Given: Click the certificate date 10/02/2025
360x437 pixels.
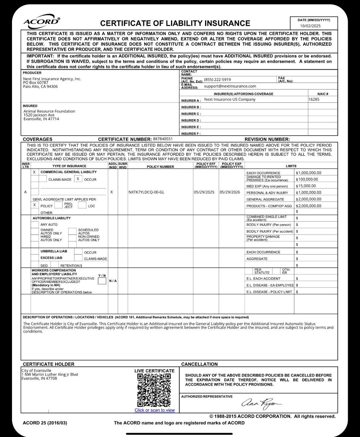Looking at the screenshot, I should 310,26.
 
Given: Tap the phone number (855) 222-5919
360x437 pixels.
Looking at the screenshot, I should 217,79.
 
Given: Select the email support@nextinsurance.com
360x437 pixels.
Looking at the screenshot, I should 230,86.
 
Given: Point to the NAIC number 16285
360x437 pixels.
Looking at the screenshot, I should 314,99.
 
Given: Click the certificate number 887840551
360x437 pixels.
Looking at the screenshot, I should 163,139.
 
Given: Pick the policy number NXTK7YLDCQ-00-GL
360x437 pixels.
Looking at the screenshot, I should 146,192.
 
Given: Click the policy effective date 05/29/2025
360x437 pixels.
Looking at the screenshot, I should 204,192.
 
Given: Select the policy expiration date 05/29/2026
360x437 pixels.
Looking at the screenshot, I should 230,192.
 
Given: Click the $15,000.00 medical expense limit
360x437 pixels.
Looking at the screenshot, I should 306,186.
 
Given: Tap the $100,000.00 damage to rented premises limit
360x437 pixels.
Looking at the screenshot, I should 307,179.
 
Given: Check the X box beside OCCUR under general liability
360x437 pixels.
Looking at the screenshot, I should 78,179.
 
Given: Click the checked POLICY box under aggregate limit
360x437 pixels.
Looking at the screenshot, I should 34,205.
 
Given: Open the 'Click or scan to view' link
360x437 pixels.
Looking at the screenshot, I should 155,410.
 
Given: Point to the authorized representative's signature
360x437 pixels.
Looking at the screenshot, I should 262,403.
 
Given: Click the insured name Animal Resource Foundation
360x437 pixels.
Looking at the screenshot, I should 49,111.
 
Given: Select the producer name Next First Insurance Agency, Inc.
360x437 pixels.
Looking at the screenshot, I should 52,79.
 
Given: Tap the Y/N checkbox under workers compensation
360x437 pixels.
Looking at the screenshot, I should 102,281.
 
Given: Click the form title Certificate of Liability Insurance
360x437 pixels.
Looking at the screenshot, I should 175,23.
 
